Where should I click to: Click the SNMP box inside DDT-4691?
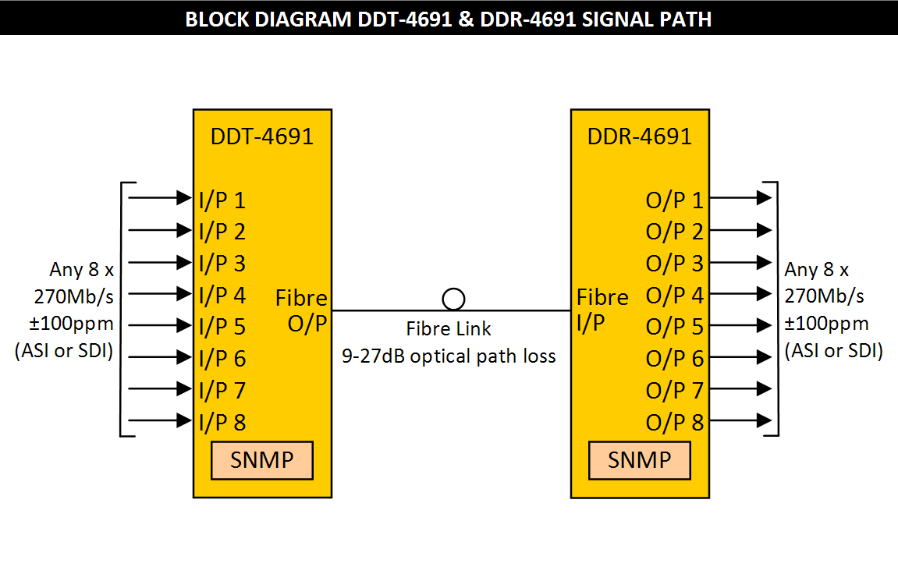262,460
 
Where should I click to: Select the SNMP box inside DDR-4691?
639,460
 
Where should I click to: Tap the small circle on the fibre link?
453,299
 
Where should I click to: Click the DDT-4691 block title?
262,136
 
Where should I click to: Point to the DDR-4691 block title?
640,136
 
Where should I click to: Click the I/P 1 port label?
222,200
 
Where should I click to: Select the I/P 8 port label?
222,422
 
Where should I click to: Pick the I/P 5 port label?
222,327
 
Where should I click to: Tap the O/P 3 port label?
674,264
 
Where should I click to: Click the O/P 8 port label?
674,422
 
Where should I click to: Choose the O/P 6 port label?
674,359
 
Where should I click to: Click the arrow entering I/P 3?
160,262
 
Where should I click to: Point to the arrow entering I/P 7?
160,388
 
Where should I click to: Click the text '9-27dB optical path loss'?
449,356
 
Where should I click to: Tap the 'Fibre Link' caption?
449,328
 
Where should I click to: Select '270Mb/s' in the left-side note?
72,296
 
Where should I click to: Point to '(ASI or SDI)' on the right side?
833,351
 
